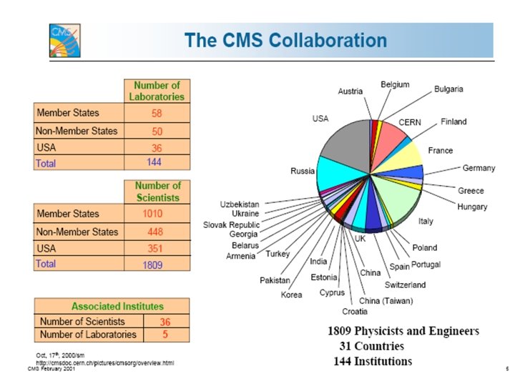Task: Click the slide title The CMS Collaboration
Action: (285, 40)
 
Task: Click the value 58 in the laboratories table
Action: (157, 113)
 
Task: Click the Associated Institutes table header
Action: (112, 306)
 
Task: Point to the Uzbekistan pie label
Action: (239, 204)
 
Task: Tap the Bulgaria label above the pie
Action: (448, 89)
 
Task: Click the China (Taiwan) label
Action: (386, 300)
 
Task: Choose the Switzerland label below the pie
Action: (405, 284)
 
